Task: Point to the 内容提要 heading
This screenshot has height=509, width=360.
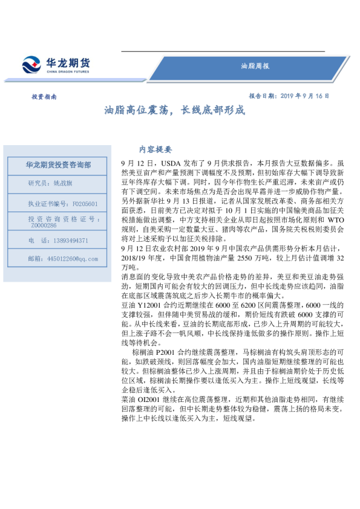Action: coord(155,149)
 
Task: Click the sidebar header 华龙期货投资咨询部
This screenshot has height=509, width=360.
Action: coord(58,165)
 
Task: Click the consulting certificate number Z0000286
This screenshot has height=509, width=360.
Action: coord(44,225)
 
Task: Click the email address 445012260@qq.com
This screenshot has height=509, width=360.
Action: coord(71,259)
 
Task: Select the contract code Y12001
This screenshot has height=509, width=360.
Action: coord(148,306)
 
